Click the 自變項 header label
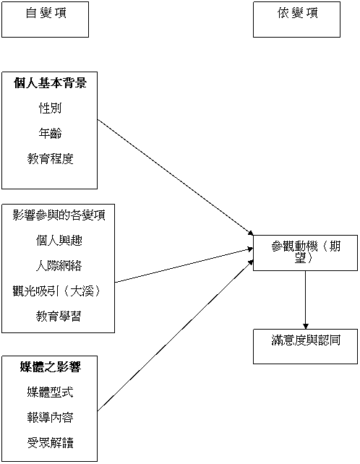(46, 13)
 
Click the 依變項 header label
(298, 13)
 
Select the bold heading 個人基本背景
(50, 83)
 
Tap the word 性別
(50, 108)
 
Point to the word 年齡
(50, 134)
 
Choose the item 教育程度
(50, 159)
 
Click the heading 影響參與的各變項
(59, 215)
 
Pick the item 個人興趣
(59, 241)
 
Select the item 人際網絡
(59, 266)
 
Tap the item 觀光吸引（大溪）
(57, 291)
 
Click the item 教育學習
(59, 317)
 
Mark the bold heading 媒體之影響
(51, 367)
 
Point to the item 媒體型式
(50, 392)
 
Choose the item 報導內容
(50, 418)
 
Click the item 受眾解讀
(50, 443)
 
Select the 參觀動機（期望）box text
(306, 252)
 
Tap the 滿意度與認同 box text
(306, 340)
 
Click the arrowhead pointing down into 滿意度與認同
(306, 327)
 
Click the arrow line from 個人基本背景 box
(175, 178)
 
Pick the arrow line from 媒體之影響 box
(175, 335)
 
